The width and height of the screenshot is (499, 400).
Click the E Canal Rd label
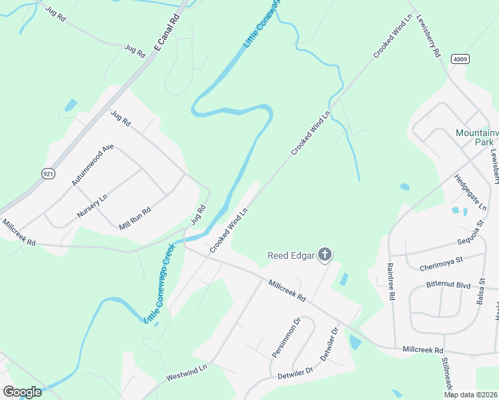(x=167, y=31)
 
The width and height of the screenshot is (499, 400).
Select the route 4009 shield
(x=459, y=59)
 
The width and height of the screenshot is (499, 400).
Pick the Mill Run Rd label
(x=135, y=219)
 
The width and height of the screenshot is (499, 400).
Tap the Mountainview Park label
(x=476, y=137)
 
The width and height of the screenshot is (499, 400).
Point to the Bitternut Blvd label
(x=450, y=285)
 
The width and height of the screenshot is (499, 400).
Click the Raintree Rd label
(x=391, y=281)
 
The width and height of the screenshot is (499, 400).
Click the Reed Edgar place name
(x=291, y=255)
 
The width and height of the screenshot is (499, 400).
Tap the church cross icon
(x=325, y=254)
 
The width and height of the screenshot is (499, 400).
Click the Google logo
(x=22, y=392)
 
